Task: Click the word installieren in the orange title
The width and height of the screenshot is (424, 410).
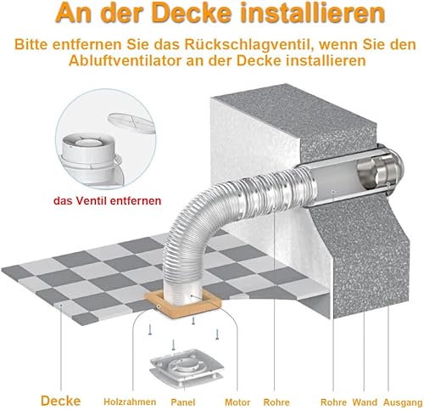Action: [x=313, y=13]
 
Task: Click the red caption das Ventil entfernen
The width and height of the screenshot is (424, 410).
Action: [x=108, y=200]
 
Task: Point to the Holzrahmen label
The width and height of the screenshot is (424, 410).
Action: [x=130, y=402]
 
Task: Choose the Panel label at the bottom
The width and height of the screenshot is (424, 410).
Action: [x=183, y=402]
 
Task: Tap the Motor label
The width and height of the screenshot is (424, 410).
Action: [x=237, y=402]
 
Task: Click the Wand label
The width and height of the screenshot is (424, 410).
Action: [x=365, y=402]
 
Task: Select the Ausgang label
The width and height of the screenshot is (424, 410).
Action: [x=403, y=402]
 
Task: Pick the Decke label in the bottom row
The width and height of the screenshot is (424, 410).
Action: [x=61, y=401]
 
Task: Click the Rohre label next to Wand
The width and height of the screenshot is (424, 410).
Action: [x=333, y=402]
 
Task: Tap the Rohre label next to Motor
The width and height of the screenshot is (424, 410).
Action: [x=276, y=402]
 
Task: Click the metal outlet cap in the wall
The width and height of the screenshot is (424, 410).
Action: [x=380, y=172]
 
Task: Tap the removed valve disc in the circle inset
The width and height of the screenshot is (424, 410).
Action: [x=131, y=123]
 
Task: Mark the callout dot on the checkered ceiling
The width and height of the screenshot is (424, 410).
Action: [x=61, y=305]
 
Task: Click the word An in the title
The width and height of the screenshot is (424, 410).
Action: [x=73, y=13]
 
